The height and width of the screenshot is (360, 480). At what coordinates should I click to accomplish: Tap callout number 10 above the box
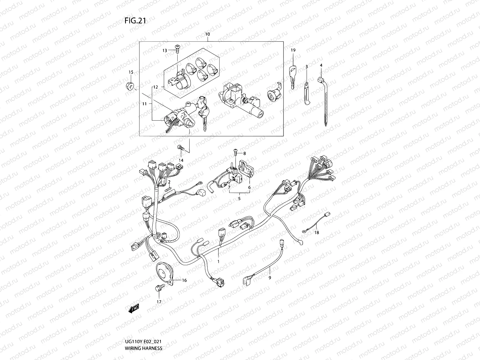tap(208, 34)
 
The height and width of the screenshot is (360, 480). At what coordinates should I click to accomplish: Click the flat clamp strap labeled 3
tap(306, 93)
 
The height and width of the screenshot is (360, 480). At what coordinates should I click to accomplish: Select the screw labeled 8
tap(235, 153)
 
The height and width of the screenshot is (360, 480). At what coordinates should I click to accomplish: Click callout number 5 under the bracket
tap(239, 199)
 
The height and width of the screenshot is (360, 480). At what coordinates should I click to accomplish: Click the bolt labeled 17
tap(158, 288)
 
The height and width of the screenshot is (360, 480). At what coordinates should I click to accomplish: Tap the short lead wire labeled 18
tap(315, 222)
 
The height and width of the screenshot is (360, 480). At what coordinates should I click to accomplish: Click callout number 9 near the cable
tap(270, 278)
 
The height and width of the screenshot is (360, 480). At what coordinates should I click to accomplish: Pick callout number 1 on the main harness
tap(218, 262)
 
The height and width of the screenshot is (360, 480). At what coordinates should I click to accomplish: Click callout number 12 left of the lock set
tap(155, 87)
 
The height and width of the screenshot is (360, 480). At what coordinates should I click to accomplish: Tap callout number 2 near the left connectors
tap(169, 182)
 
